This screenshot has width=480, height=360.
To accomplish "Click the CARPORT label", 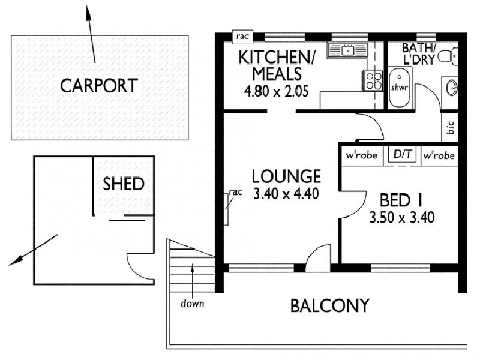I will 99,85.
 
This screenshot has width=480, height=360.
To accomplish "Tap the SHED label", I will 124,183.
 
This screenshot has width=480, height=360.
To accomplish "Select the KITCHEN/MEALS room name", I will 269,65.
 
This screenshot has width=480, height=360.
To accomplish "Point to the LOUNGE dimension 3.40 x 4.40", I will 286,194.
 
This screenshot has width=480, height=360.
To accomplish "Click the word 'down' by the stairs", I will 193,304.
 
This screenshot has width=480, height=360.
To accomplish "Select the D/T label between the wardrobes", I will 403,155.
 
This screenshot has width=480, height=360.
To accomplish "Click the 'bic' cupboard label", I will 450,128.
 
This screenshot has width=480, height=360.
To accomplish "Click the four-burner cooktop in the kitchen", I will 371,80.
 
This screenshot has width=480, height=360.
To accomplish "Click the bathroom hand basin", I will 451,88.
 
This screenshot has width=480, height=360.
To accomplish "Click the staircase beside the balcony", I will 190,270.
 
